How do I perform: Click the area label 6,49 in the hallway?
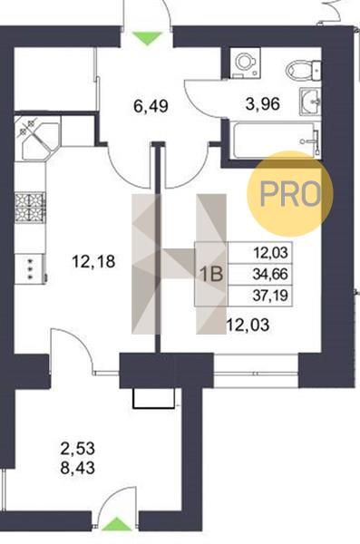(x=151, y=105)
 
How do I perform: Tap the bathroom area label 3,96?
(x=262, y=103)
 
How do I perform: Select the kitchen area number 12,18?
(x=93, y=261)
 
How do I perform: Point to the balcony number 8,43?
(x=77, y=468)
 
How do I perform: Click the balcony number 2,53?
(x=77, y=449)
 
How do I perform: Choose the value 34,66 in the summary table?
(x=270, y=275)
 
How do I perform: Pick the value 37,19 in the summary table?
(x=270, y=296)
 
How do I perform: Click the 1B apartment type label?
(x=212, y=274)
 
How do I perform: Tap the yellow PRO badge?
(x=290, y=194)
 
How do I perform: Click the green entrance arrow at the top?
(x=147, y=38)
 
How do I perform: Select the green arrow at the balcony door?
(x=117, y=524)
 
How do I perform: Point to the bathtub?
(x=276, y=140)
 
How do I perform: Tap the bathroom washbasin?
(x=309, y=102)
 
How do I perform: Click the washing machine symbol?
(x=246, y=63)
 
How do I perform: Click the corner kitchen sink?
(x=38, y=138)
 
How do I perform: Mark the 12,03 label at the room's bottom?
(x=248, y=325)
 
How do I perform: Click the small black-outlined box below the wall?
(x=154, y=398)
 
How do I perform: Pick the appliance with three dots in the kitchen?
(x=30, y=269)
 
